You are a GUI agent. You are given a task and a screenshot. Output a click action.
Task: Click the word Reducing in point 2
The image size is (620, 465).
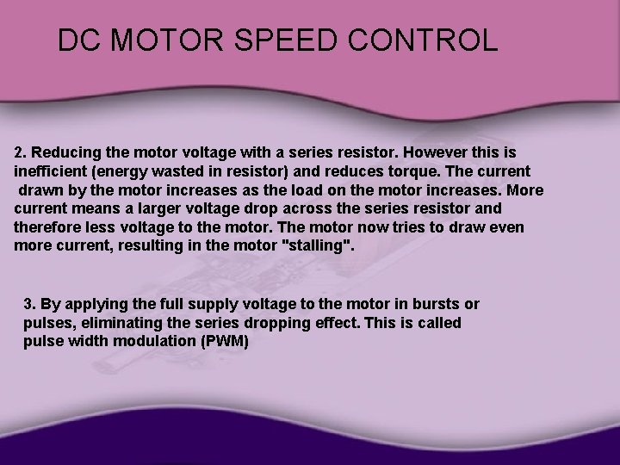(x=62, y=152)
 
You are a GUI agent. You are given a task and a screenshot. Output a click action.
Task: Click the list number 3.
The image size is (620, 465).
(x=29, y=304)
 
